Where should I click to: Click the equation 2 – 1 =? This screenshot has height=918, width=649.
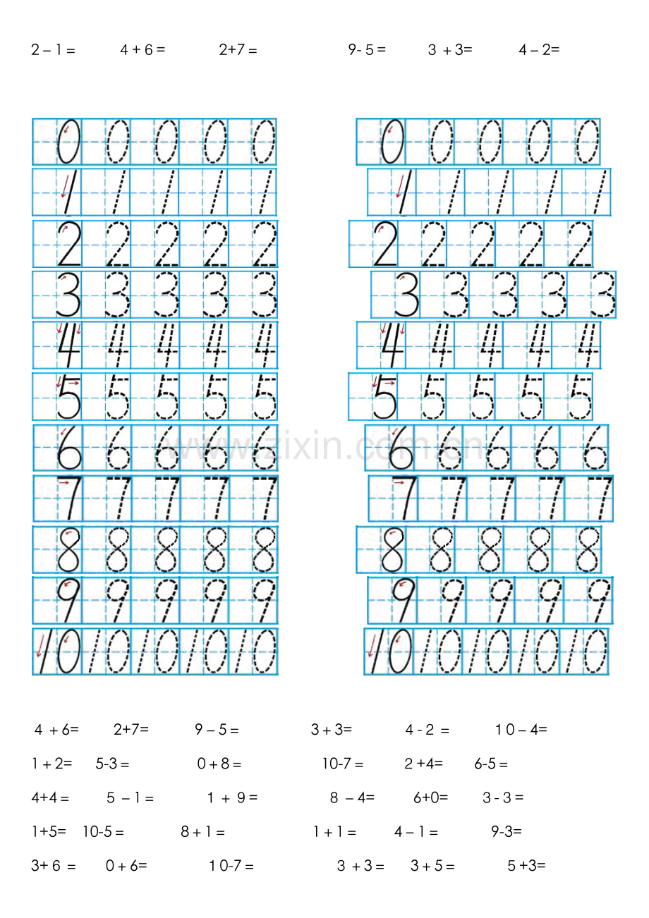tap(53, 50)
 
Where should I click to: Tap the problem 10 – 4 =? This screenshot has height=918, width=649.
tap(521, 730)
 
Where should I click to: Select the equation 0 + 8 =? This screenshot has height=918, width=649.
tap(219, 764)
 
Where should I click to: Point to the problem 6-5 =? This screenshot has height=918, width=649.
tap(491, 764)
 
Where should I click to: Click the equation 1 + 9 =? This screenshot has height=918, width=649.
tap(232, 797)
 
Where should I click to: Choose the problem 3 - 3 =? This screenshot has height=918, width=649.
tap(503, 797)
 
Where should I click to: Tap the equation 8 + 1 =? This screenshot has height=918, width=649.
tap(202, 831)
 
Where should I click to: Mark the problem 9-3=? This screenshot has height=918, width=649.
tap(507, 831)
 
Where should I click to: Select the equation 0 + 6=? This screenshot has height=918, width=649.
tap(126, 866)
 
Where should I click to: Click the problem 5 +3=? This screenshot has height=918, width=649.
tap(526, 866)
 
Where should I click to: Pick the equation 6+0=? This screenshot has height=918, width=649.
tap(430, 797)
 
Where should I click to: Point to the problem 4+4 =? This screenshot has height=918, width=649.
tap(50, 797)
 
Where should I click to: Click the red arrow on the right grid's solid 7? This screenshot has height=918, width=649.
tap(399, 483)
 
